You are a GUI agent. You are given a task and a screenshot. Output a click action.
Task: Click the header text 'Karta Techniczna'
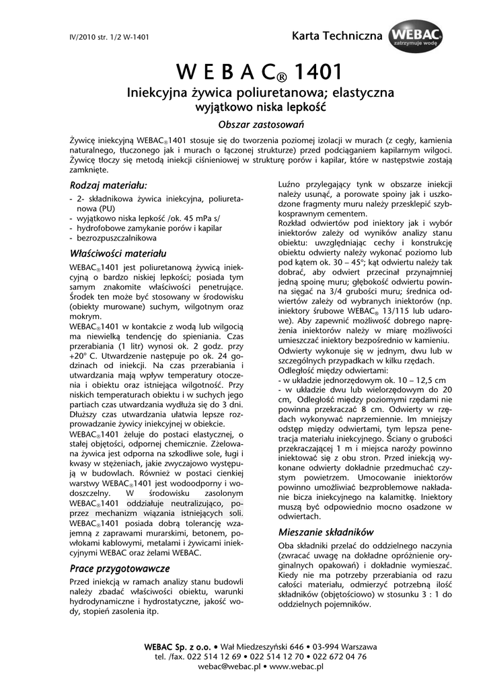[x=336, y=35]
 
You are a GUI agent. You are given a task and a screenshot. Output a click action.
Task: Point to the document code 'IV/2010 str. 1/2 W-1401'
[x=109, y=36]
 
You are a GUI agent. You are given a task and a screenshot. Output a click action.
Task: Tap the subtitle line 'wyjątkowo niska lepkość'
[x=260, y=106]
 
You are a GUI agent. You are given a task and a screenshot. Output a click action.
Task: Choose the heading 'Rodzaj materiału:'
[x=108, y=185]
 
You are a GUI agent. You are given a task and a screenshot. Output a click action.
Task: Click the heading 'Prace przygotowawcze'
[x=120, y=568]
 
